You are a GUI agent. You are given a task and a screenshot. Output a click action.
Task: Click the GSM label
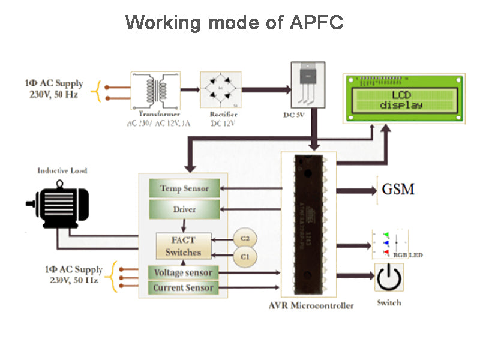(398, 190)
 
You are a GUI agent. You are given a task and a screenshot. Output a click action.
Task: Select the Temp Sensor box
(184, 188)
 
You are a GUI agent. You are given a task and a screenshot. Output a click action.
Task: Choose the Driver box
(184, 209)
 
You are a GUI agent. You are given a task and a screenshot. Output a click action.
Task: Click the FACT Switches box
(183, 246)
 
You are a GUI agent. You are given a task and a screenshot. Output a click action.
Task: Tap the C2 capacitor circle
(244, 238)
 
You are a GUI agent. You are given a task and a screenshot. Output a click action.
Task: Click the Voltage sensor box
(183, 272)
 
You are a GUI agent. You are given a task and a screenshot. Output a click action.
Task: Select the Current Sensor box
(183, 288)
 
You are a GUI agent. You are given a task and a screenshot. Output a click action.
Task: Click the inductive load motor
(58, 205)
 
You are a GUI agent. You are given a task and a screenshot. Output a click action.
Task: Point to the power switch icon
(388, 277)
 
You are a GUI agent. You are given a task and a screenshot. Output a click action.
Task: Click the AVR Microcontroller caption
(311, 305)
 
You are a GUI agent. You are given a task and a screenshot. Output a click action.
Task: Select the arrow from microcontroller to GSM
(356, 191)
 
